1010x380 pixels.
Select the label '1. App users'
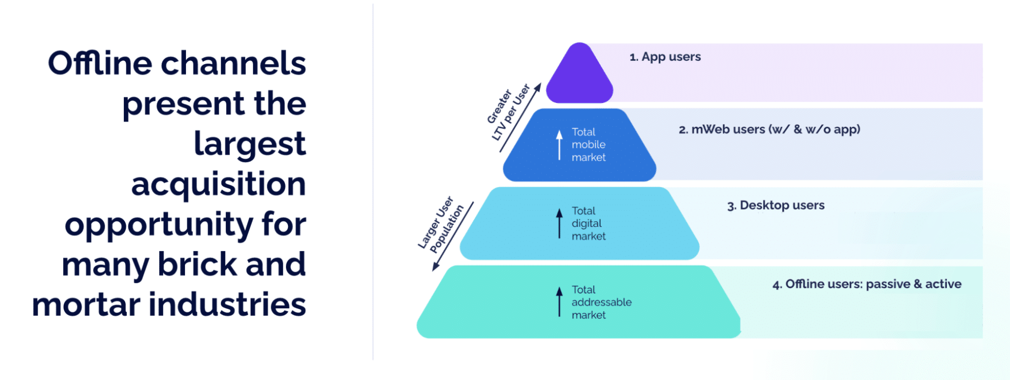[x=665, y=57]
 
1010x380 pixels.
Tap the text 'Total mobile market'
[x=589, y=145]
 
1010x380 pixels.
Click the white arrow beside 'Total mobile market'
[x=559, y=145]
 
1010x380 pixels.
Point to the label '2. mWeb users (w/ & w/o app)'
[x=769, y=130]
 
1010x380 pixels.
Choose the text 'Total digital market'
[x=589, y=224]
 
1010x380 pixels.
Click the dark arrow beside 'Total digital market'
[x=559, y=223]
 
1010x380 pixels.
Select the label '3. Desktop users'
[x=776, y=206]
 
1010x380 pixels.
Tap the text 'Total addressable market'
[x=601, y=303]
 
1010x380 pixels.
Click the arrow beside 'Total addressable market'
[x=559, y=302]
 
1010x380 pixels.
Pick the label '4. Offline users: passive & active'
[x=867, y=284]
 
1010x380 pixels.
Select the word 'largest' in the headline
[x=250, y=145]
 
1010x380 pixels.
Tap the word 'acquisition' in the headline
[x=218, y=184]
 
